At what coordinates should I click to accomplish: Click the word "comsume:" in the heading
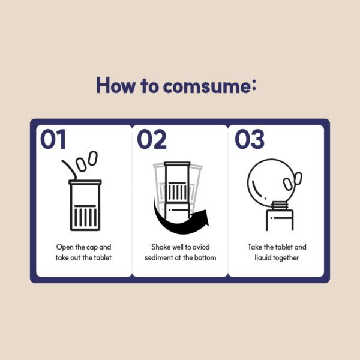point(209,85)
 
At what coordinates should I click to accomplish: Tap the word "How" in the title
point(115,85)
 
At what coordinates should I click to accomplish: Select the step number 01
point(53,139)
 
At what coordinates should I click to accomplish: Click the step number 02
point(152,139)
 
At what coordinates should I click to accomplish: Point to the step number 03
point(250,139)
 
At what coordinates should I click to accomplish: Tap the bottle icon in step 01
point(85,205)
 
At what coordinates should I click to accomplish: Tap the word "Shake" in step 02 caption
point(160,247)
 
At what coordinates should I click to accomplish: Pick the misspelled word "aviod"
point(201,247)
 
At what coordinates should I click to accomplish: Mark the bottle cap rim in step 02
point(177,164)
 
